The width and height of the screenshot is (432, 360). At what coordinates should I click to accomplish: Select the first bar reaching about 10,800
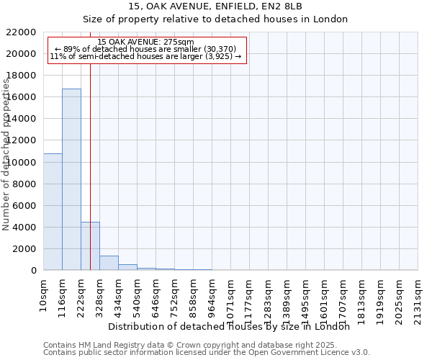53,212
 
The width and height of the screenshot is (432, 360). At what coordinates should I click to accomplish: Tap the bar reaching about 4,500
90,246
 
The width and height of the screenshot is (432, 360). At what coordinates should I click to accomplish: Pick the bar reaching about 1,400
109,263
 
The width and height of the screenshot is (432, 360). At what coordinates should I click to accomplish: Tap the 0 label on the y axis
33,271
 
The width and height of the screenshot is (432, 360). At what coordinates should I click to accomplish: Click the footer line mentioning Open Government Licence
207,352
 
